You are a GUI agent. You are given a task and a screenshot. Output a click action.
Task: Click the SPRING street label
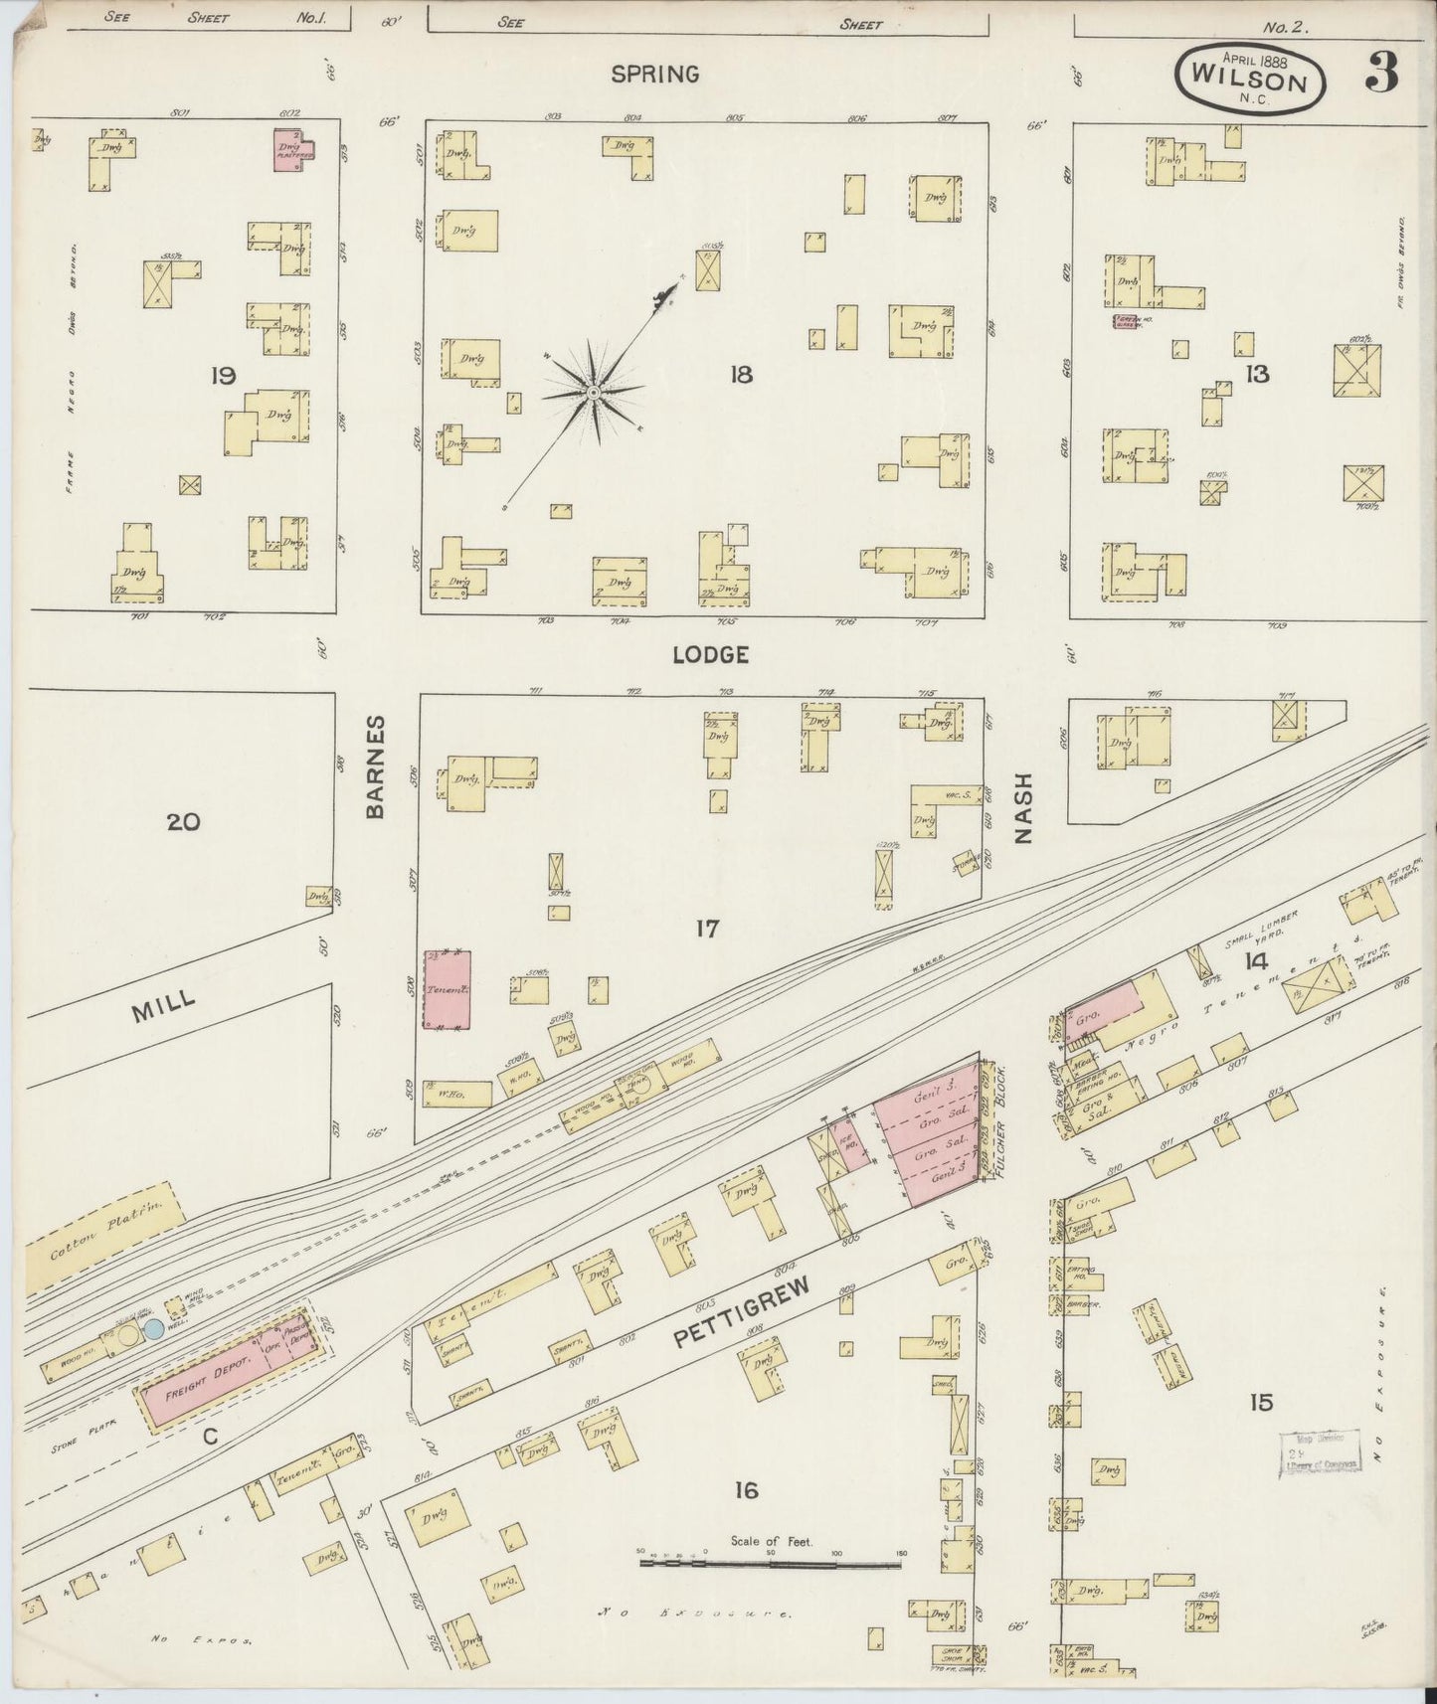654,74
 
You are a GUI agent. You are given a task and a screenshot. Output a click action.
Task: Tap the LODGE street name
709,654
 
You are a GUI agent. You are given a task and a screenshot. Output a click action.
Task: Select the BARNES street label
375,767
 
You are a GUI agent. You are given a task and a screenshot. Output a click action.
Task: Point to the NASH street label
1023,808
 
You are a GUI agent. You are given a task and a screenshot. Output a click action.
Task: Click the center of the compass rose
593,393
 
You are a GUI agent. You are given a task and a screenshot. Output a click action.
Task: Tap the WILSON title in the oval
1250,81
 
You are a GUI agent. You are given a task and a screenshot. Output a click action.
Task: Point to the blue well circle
153,1329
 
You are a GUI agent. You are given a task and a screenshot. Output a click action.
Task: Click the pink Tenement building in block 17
447,989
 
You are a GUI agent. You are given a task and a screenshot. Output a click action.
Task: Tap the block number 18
740,375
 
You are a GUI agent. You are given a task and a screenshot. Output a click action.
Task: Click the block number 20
184,821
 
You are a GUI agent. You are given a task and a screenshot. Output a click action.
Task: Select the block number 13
1256,374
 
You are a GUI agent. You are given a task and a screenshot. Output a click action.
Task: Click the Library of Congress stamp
1319,1453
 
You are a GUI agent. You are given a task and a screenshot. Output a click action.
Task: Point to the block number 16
746,1489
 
